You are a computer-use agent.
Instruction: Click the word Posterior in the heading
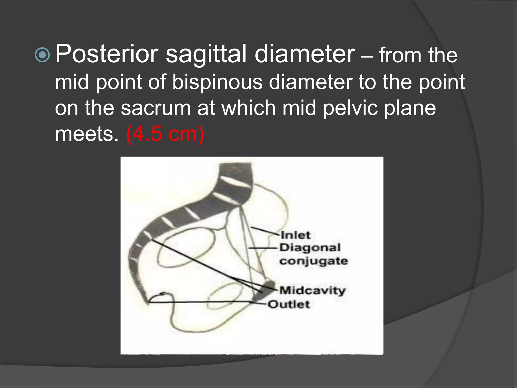[x=107, y=54]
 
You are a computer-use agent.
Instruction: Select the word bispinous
[x=217, y=82]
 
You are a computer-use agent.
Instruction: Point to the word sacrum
[x=156, y=108]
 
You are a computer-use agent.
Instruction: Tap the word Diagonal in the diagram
[x=310, y=248]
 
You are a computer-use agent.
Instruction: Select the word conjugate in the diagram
[x=314, y=261]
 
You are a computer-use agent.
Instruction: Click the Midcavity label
[x=312, y=290]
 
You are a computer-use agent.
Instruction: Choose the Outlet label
[x=289, y=304]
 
